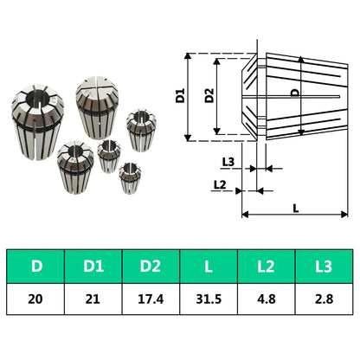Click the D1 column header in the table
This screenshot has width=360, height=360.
click(93, 266)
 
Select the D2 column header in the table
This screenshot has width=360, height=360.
click(151, 266)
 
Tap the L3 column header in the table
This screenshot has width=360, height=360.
click(324, 266)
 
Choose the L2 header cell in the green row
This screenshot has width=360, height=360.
click(267, 266)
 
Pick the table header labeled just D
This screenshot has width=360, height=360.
click(35, 266)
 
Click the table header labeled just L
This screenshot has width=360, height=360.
click(209, 266)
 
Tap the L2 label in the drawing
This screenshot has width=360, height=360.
click(219, 184)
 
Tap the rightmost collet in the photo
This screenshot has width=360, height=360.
click(140, 127)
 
